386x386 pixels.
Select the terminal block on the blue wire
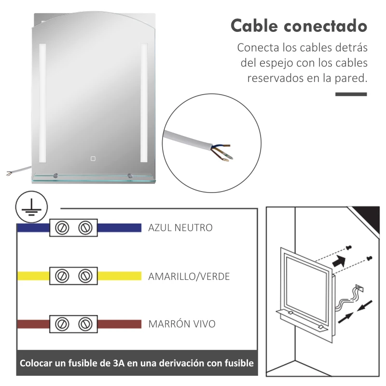[x=73, y=227]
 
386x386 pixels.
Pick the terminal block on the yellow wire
[x=73, y=276]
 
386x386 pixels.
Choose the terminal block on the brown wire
[x=73, y=323]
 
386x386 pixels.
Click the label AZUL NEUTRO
[x=180, y=228]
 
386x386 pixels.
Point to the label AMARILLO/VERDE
[x=189, y=276]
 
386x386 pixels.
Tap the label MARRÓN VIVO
[x=181, y=324]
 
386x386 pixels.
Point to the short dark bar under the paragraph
[x=351, y=94]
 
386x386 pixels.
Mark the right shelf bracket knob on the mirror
[x=129, y=176]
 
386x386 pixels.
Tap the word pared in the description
[x=352, y=78]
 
